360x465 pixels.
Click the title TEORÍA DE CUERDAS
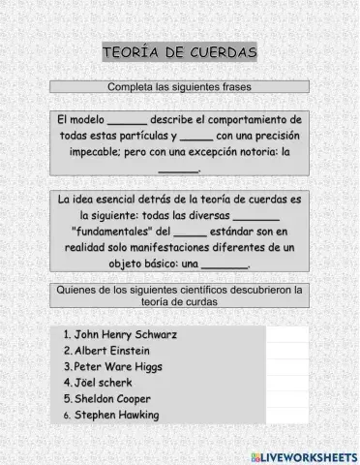180,51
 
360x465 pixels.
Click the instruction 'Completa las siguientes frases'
180,86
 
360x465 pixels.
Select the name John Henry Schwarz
126,334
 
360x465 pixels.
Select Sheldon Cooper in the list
112,399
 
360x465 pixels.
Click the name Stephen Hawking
116,416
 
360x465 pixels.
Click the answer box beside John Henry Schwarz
286,334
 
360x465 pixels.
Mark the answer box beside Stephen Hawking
286,416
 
